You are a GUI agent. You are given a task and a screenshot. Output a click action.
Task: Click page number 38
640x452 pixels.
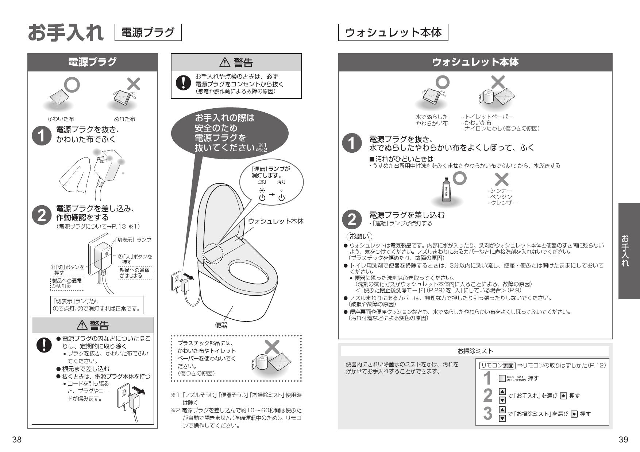click(x=17, y=440)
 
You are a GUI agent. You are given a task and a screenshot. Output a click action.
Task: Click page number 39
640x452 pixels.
click(x=623, y=440)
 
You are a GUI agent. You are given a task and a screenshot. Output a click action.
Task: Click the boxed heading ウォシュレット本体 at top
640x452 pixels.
click(x=393, y=33)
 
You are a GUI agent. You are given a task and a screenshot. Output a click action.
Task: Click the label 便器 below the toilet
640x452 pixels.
click(x=221, y=325)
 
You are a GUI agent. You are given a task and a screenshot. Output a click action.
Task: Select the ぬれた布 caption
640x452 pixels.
click(x=124, y=119)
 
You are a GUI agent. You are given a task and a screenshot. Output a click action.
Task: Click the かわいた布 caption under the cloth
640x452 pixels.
click(x=61, y=119)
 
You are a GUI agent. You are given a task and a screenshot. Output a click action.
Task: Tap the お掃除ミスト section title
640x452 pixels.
click(x=475, y=351)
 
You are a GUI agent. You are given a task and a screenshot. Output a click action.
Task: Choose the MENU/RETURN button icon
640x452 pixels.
click(x=502, y=378)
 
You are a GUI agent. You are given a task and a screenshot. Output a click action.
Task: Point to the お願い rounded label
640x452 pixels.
click(x=359, y=236)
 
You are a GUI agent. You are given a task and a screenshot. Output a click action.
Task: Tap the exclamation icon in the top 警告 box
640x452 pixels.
click(x=181, y=83)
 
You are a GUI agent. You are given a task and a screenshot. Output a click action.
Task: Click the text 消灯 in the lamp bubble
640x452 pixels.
click(x=281, y=182)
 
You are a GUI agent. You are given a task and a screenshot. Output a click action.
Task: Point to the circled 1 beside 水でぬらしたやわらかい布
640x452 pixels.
click(x=351, y=143)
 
